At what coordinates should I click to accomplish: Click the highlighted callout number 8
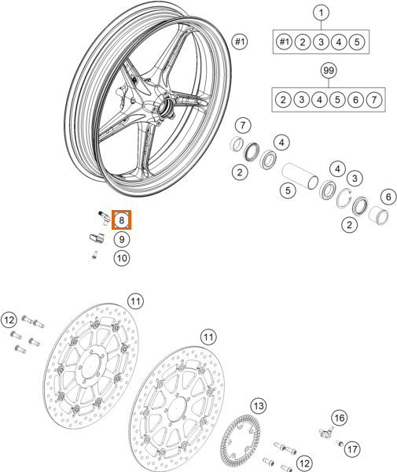click(x=122, y=222)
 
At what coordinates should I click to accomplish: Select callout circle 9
click(x=122, y=239)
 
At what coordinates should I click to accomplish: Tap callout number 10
click(x=122, y=257)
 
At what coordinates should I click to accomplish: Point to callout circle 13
click(x=259, y=407)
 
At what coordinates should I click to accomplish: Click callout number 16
click(x=338, y=417)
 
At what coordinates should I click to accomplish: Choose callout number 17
click(x=352, y=448)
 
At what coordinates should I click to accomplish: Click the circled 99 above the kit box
click(x=329, y=72)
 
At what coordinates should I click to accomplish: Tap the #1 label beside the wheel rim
click(x=241, y=40)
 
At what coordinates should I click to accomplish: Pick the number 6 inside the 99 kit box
click(x=356, y=99)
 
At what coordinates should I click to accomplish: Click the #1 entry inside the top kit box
click(x=284, y=41)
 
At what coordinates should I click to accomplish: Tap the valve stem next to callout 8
click(x=101, y=214)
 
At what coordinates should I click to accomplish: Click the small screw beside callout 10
click(x=94, y=254)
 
